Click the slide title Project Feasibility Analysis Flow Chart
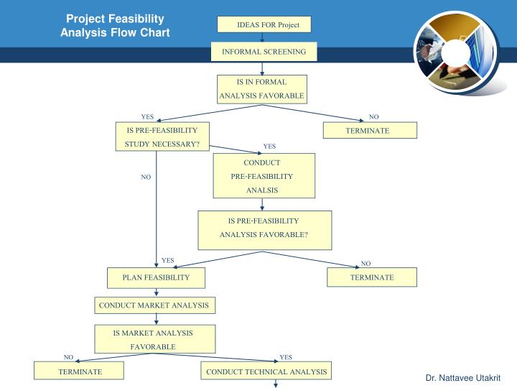115,26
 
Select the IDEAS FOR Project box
264,25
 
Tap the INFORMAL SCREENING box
264,52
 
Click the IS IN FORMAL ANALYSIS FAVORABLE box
262,89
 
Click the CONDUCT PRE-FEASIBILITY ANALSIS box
264,176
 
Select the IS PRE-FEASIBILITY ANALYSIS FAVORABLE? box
264,228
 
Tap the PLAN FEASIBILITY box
156,277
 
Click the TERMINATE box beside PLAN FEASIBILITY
372,277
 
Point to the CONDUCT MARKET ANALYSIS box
154,305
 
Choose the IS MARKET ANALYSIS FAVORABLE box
153,339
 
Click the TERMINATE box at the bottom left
80,371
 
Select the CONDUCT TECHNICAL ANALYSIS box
266,371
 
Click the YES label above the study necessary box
147,116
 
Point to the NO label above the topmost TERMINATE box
373,116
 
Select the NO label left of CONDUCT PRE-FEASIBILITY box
146,177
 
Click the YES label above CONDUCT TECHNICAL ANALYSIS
286,357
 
